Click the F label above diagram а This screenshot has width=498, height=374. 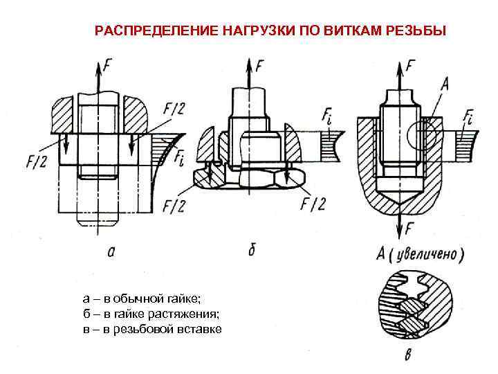107,67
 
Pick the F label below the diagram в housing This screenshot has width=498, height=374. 410,226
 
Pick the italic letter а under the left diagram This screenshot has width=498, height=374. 111,251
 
